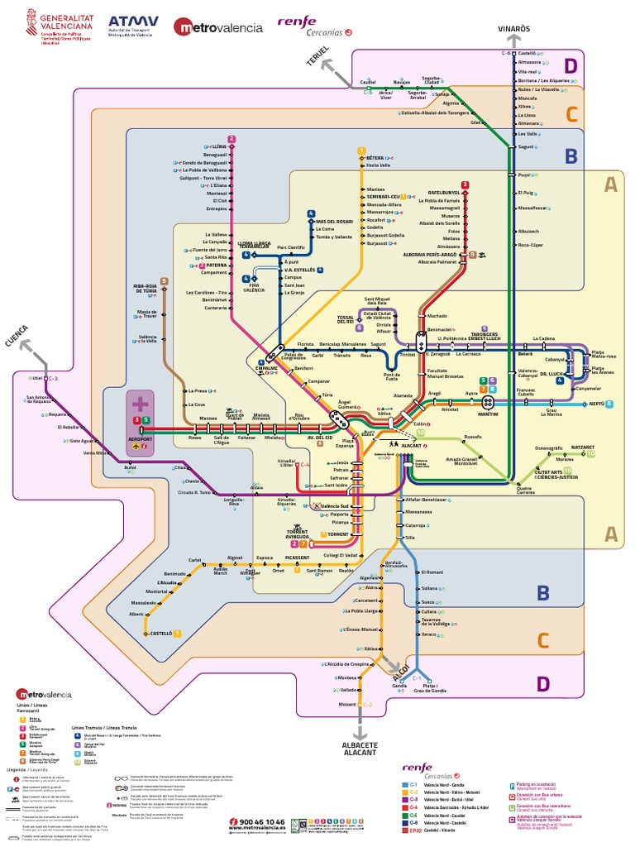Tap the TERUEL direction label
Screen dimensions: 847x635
[x=318, y=56]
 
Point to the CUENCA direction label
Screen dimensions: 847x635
[x=18, y=340]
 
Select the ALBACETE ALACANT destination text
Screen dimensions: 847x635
[x=359, y=749]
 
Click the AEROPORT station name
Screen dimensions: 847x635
[x=141, y=438]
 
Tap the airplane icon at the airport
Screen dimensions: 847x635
[x=136, y=447]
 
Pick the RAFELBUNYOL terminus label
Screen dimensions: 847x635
[x=444, y=193]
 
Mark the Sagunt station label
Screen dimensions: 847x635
[x=526, y=146]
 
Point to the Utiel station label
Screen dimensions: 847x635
[x=36, y=378]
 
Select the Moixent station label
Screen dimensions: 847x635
[x=346, y=704]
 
